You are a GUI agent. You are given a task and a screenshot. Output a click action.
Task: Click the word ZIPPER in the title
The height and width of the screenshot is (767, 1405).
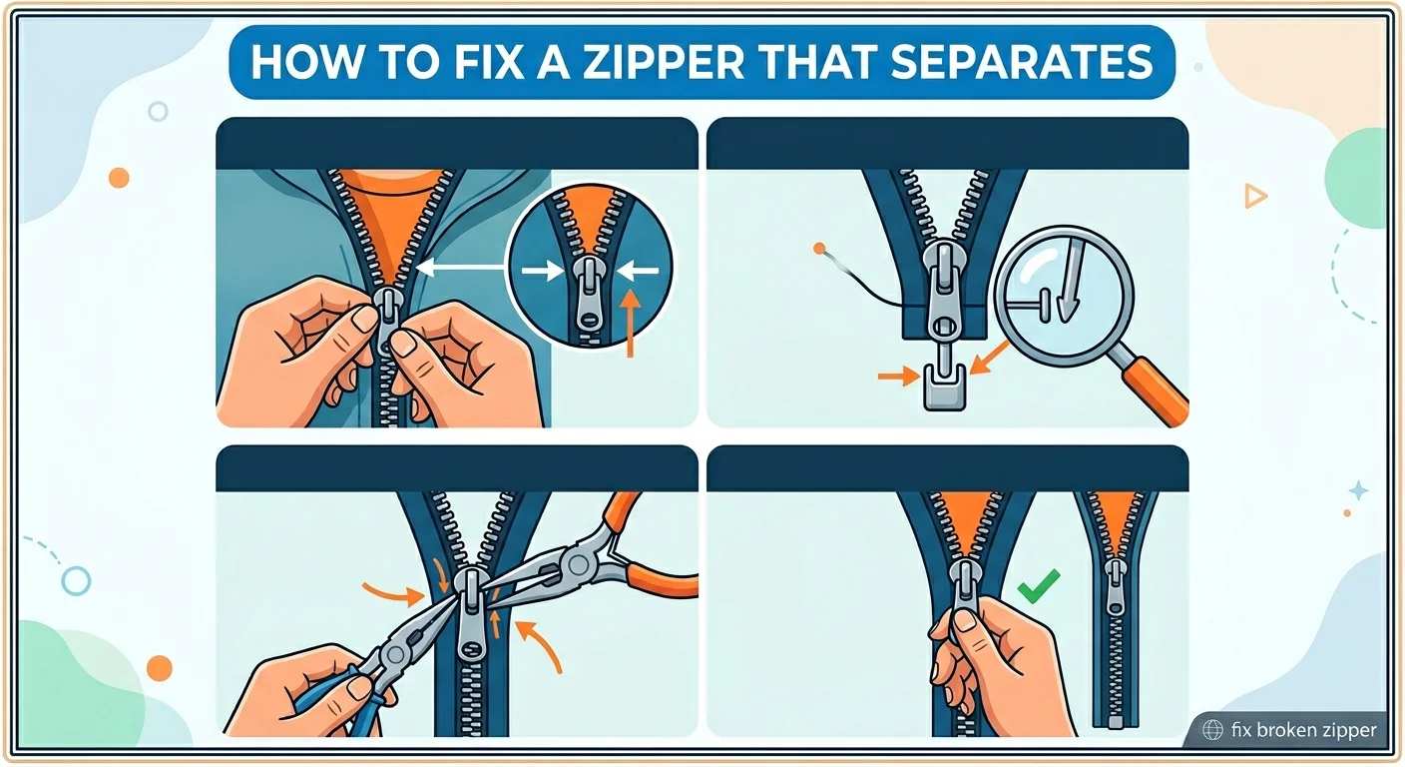(665, 62)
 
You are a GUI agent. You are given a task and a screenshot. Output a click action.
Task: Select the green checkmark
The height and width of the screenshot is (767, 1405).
(1039, 585)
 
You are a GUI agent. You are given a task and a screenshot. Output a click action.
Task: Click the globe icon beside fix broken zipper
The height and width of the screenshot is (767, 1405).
(1212, 730)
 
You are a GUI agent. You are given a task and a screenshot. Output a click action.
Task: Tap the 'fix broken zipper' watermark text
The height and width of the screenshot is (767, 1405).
(1303, 730)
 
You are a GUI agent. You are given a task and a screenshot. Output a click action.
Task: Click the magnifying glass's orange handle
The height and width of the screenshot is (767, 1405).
(1158, 389)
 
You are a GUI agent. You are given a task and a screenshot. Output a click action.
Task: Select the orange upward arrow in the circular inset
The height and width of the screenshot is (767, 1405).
(631, 324)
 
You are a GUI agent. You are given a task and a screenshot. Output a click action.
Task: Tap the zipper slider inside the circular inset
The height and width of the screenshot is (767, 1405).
(589, 294)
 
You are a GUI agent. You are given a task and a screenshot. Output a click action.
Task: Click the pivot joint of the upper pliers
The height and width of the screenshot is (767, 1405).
(576, 564)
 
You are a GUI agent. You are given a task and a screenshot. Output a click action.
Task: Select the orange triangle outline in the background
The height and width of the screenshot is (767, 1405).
(1255, 196)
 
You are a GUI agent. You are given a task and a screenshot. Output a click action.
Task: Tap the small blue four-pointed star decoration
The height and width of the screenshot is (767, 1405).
(1358, 490)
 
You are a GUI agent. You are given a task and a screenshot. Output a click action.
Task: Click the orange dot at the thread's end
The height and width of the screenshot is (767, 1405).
(819, 249)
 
